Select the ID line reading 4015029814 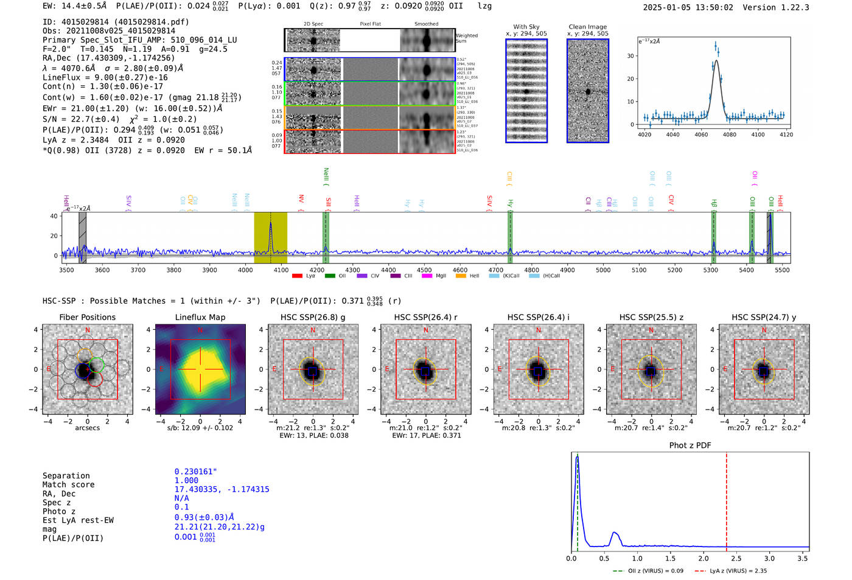[116, 22]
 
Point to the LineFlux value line [105, 77]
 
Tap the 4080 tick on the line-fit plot [729, 135]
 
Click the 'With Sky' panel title [526, 27]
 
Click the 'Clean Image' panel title [587, 27]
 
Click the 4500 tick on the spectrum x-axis [424, 270]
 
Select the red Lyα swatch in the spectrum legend [297, 276]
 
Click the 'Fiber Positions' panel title [87, 317]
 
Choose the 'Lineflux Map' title [200, 317]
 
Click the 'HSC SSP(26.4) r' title [425, 317]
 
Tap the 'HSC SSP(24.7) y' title [763, 317]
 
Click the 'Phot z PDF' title [690, 445]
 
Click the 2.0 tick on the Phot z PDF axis [703, 558]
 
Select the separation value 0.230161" [195, 472]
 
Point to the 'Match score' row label [68, 484]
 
